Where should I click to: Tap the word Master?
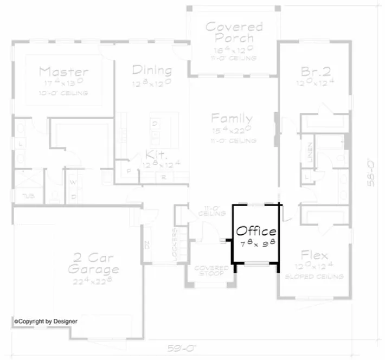63,72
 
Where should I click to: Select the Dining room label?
152,70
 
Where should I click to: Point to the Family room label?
232,119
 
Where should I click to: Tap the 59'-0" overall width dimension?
178,346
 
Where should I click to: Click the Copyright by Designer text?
46,321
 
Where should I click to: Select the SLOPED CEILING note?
315,277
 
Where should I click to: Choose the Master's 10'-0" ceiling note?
63,93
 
